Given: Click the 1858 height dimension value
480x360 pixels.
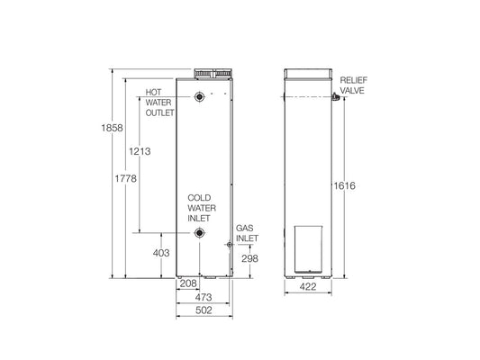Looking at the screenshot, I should tap(102, 129).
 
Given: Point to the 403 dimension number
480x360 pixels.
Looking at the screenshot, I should tap(161, 254).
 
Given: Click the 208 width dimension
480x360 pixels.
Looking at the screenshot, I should tap(188, 283).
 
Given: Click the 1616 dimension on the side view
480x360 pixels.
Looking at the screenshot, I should tap(344, 185).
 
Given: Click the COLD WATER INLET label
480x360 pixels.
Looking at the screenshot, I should tap(200, 207).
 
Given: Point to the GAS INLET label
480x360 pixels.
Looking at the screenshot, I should tap(247, 234).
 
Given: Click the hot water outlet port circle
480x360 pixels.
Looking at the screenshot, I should tap(198, 98).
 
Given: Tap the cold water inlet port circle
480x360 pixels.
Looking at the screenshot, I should tap(198, 234).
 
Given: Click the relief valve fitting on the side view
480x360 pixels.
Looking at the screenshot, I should tap(332, 96).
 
